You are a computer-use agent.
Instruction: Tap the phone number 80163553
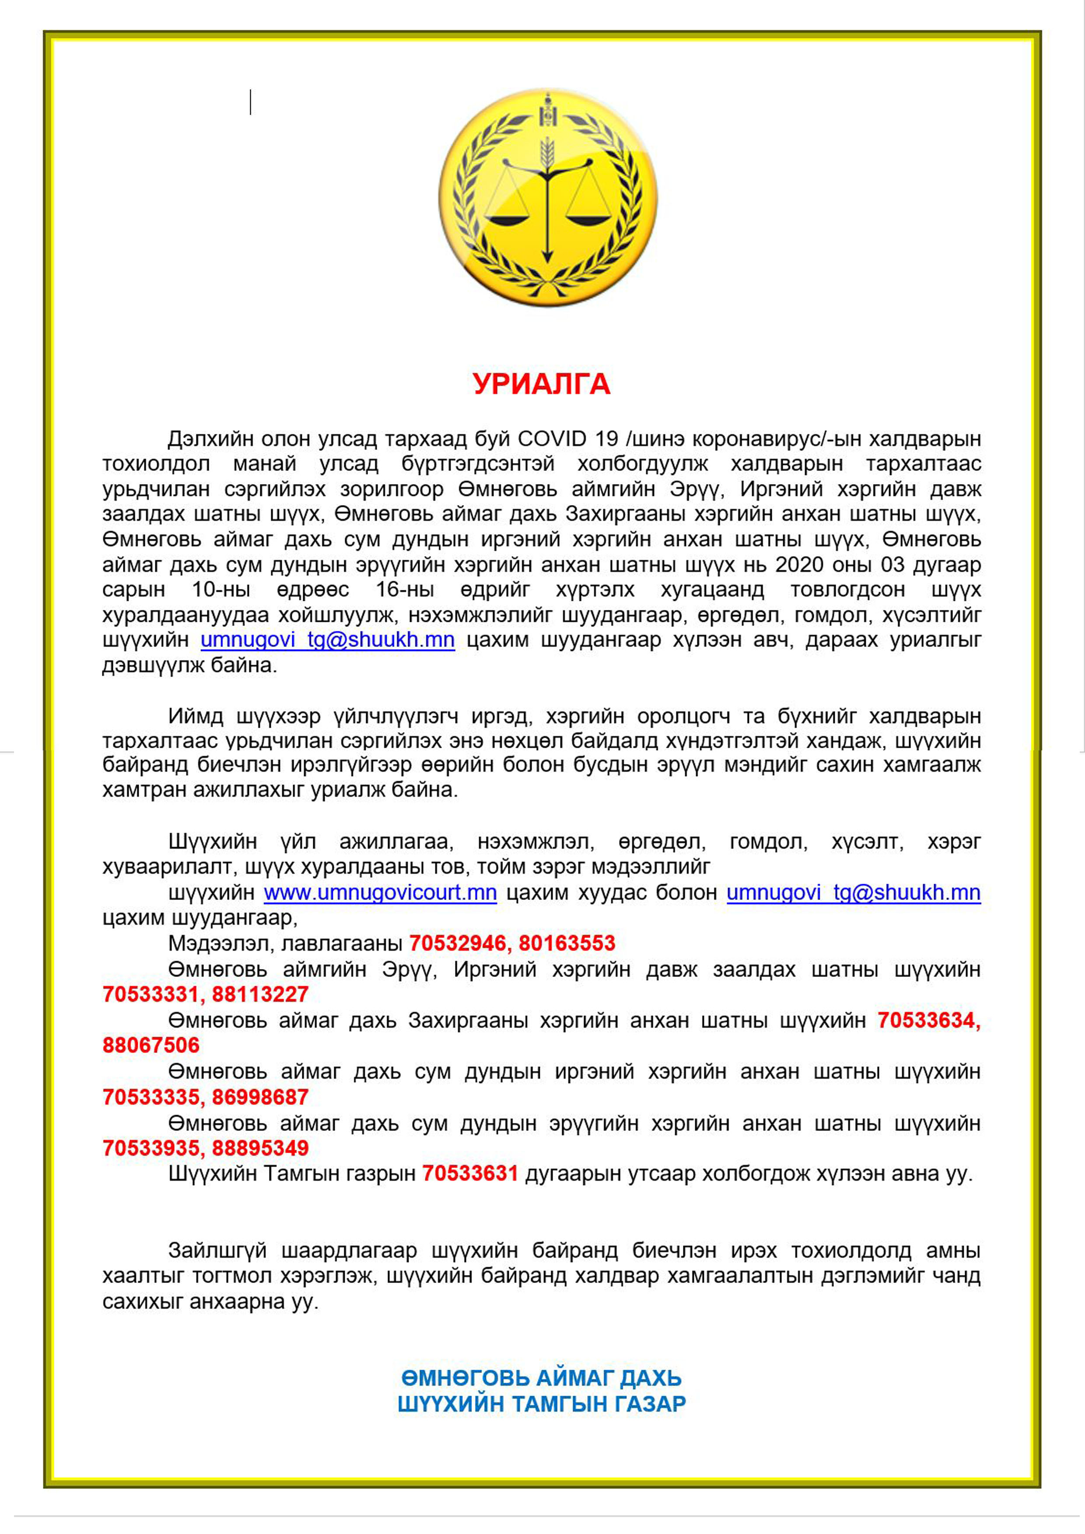567,943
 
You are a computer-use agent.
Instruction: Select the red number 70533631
470,1173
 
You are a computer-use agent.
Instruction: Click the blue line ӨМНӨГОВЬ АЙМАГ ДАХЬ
542,1378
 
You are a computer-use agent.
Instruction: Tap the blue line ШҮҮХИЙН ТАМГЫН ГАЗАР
542,1404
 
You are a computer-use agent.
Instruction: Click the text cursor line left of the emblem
251,102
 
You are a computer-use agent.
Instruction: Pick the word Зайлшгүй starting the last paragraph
217,1250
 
